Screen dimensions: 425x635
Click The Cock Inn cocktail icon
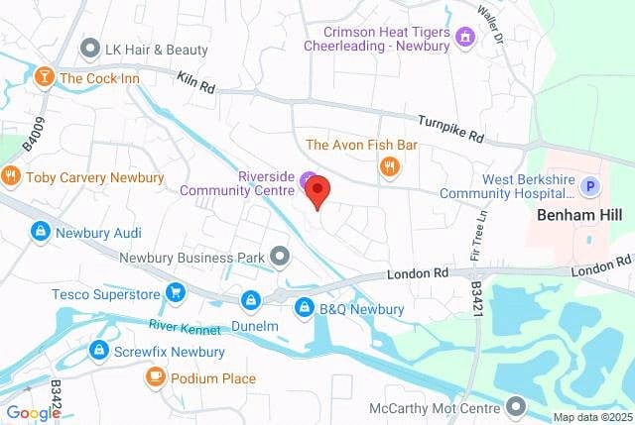[x=44, y=77]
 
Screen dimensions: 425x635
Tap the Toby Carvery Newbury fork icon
[x=11, y=177]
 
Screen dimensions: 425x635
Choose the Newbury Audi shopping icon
[x=40, y=232]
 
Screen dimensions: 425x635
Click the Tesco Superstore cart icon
[x=176, y=291]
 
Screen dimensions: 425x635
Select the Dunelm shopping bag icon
[x=250, y=299]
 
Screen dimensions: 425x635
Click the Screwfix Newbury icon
[x=98, y=350]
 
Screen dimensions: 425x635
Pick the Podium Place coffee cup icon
[x=155, y=377]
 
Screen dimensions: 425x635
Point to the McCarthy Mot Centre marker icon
[x=515, y=405]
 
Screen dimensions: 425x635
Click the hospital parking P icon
[x=590, y=184]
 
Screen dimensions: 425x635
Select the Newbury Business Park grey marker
[x=281, y=258]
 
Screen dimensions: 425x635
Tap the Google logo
[x=33, y=413]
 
